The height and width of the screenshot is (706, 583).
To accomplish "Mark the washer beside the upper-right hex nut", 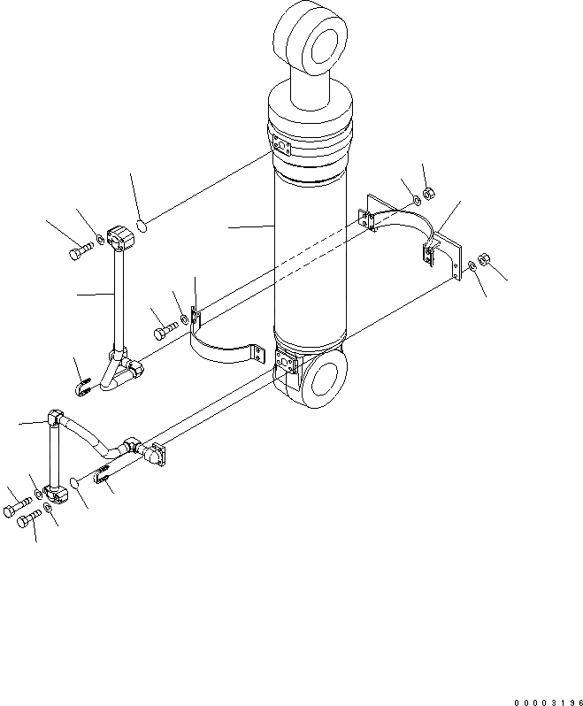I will [x=414, y=200].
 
